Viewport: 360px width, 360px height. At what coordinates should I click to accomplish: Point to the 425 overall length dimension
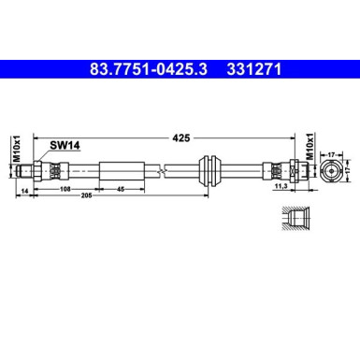pos(181,137)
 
